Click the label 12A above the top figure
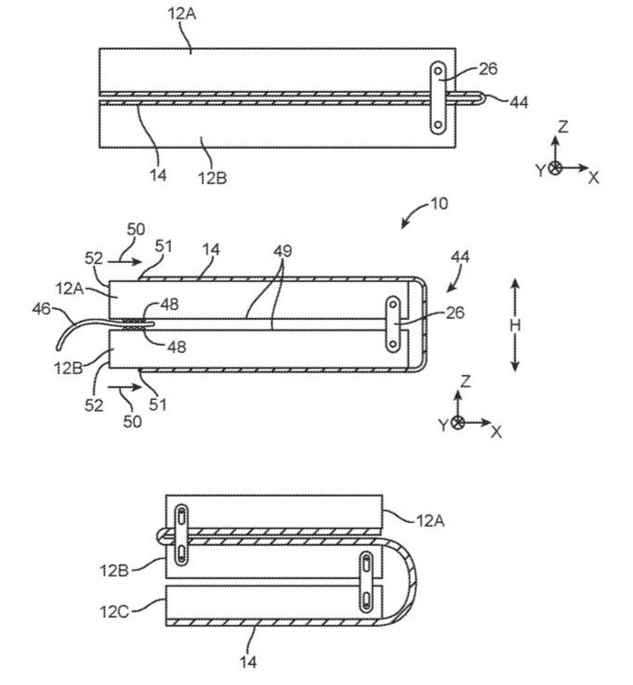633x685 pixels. point(182,14)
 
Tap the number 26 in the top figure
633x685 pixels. point(488,69)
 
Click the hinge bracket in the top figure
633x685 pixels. point(438,97)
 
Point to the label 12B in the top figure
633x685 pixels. point(212,177)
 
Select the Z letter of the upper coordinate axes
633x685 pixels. point(563,127)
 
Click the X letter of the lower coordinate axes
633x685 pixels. point(496,432)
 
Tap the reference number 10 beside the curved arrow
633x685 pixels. point(439,203)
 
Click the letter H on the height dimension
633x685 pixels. point(515,325)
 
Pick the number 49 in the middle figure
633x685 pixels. point(283,251)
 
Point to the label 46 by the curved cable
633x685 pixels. point(41,309)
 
